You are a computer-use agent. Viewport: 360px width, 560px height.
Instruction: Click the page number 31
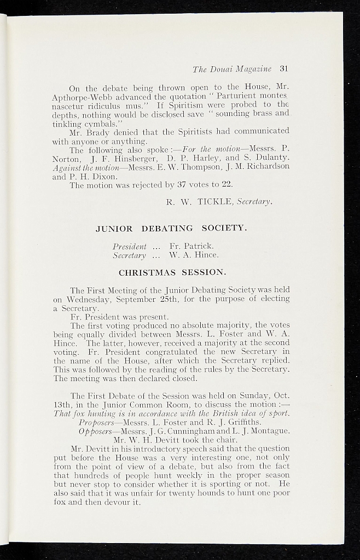283,69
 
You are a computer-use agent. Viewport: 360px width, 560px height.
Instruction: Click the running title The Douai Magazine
232,69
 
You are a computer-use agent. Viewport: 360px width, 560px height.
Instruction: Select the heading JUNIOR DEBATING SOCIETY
171,228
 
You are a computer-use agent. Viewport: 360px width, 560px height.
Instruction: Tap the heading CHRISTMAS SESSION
171,272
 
